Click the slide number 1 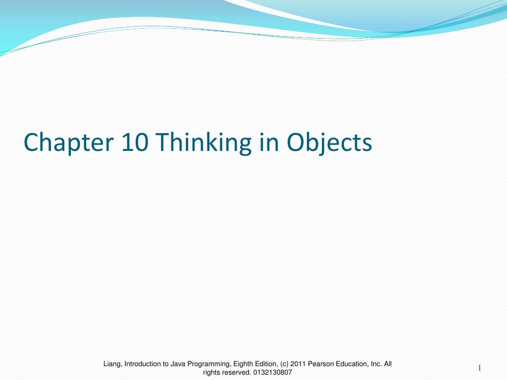click(480, 368)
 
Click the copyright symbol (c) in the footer click(284, 364)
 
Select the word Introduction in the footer click(144, 364)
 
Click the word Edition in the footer click(267, 364)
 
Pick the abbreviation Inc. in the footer click(377, 364)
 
